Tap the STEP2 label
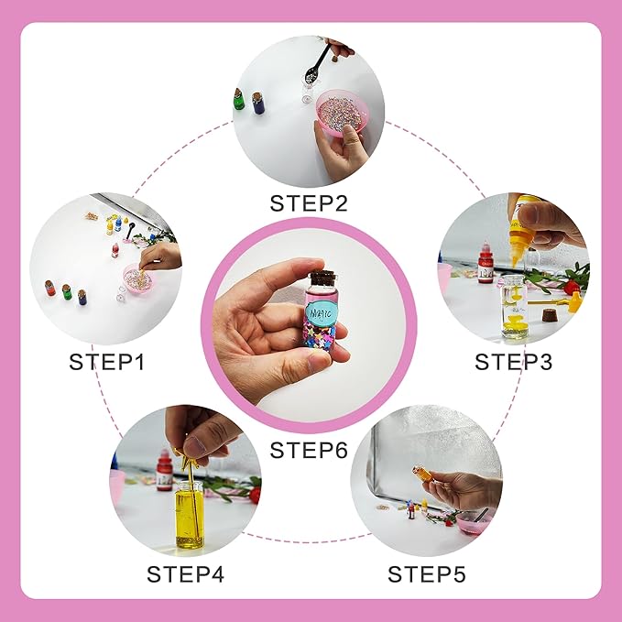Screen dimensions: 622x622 pos(310,202)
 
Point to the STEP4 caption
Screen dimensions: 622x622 pos(185,574)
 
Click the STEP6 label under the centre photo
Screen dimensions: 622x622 pos(310,450)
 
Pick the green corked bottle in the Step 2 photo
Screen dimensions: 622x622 pos(240,98)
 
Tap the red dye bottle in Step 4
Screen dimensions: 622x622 pos(164,471)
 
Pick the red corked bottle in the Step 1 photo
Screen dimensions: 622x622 pos(50,289)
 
